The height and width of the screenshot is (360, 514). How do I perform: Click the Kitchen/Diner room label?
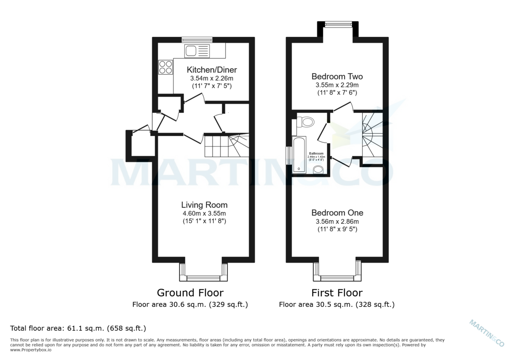click(212, 70)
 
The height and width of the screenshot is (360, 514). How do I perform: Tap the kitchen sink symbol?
click(197, 51)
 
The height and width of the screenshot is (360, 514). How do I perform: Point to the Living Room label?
click(204, 205)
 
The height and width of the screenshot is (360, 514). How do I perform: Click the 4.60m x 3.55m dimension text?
click(204, 213)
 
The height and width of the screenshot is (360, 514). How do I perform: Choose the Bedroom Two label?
click(337, 77)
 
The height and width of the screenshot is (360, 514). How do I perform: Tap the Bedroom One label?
click(337, 213)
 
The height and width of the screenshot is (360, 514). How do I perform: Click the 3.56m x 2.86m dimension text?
click(337, 222)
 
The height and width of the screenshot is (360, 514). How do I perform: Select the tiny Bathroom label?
click(316, 153)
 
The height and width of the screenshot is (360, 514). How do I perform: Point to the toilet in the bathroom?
click(307, 122)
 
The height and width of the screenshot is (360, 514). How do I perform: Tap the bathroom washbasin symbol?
click(318, 170)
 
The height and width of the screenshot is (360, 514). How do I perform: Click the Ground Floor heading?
click(190, 293)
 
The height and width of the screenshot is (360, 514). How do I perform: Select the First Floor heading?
click(337, 293)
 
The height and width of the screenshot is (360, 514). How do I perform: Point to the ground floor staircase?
click(225, 146)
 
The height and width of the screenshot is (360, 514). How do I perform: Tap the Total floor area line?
click(78, 328)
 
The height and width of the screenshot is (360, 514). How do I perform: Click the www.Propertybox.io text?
click(31, 350)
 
